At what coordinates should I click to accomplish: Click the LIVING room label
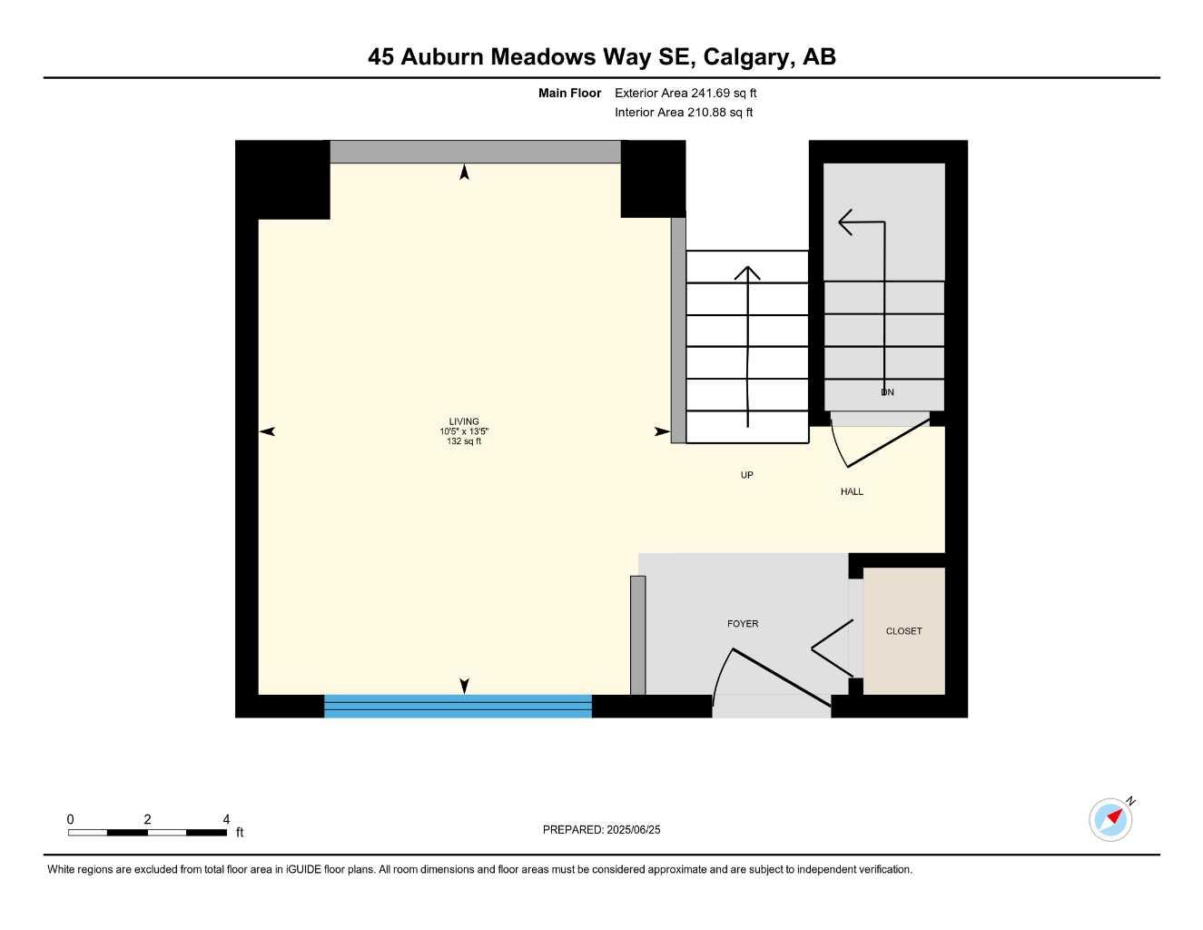click(464, 421)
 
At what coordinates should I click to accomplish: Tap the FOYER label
click(743, 624)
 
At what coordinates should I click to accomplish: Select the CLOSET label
click(903, 631)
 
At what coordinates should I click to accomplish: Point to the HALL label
click(852, 492)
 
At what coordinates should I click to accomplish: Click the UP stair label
click(746, 475)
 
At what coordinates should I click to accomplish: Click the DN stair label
click(887, 392)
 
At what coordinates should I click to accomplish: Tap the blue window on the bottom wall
click(458, 706)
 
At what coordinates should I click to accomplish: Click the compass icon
click(1110, 819)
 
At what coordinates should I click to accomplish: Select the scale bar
click(147, 832)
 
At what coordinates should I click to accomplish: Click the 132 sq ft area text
click(464, 442)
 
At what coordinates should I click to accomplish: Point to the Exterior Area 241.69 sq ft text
click(685, 93)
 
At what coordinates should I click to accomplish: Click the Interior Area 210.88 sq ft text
click(684, 113)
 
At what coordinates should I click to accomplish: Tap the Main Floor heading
click(569, 93)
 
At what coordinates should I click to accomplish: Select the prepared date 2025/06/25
click(633, 830)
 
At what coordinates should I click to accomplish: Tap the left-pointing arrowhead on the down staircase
click(845, 222)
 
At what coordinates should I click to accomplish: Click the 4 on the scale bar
click(226, 819)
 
